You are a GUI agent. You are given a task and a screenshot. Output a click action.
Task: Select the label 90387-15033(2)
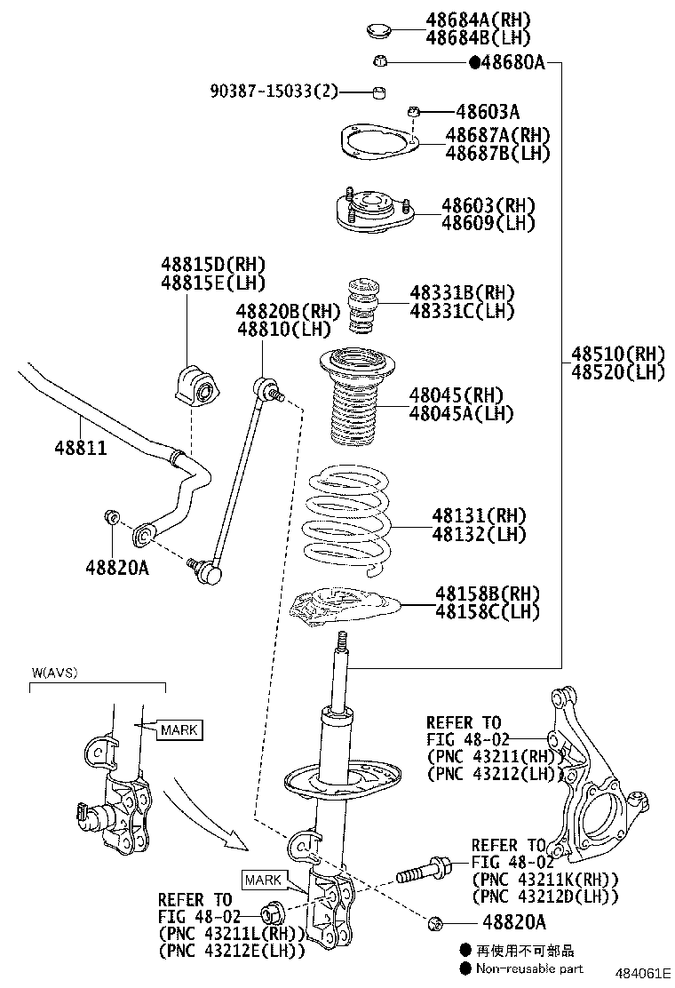274,91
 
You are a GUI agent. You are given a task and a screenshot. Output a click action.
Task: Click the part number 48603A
488,112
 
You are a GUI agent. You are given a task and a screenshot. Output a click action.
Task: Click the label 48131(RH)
480,515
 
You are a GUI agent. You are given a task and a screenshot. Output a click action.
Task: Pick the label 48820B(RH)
289,311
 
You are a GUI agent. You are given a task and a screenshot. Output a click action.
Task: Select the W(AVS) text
54,673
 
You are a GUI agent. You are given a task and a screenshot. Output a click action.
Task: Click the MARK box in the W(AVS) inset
179,730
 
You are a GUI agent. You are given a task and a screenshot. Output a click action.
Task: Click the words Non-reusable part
529,968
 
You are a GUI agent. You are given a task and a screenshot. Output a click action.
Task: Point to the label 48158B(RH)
488,593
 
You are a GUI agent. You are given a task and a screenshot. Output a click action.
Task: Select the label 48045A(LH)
462,413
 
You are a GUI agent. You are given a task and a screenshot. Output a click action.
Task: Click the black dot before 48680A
474,62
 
